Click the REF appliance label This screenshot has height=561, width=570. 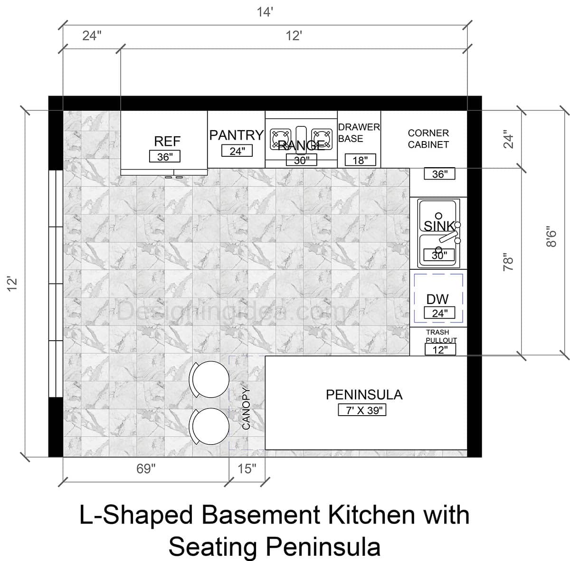[x=167, y=141]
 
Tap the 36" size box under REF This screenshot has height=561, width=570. [x=165, y=157]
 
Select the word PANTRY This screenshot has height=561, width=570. [x=236, y=135]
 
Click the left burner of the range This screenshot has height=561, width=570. [x=280, y=138]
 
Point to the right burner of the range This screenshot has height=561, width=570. [x=322, y=138]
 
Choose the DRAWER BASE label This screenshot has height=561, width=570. [x=359, y=133]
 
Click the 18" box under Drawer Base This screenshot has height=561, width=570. [x=360, y=160]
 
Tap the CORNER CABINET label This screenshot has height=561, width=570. [x=428, y=139]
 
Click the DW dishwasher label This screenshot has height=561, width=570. [x=437, y=299]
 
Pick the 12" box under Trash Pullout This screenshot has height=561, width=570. [x=440, y=350]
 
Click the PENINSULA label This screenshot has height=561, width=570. [x=364, y=395]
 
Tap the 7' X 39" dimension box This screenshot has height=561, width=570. [x=362, y=410]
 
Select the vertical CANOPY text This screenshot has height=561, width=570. [x=246, y=409]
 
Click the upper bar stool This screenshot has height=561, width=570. [x=209, y=379]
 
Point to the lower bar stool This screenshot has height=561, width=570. [x=209, y=426]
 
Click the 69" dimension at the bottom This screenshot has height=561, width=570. [x=146, y=469]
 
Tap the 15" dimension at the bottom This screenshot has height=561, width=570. [x=247, y=469]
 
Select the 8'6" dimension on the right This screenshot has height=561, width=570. [x=551, y=235]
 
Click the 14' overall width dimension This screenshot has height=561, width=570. [x=265, y=12]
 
